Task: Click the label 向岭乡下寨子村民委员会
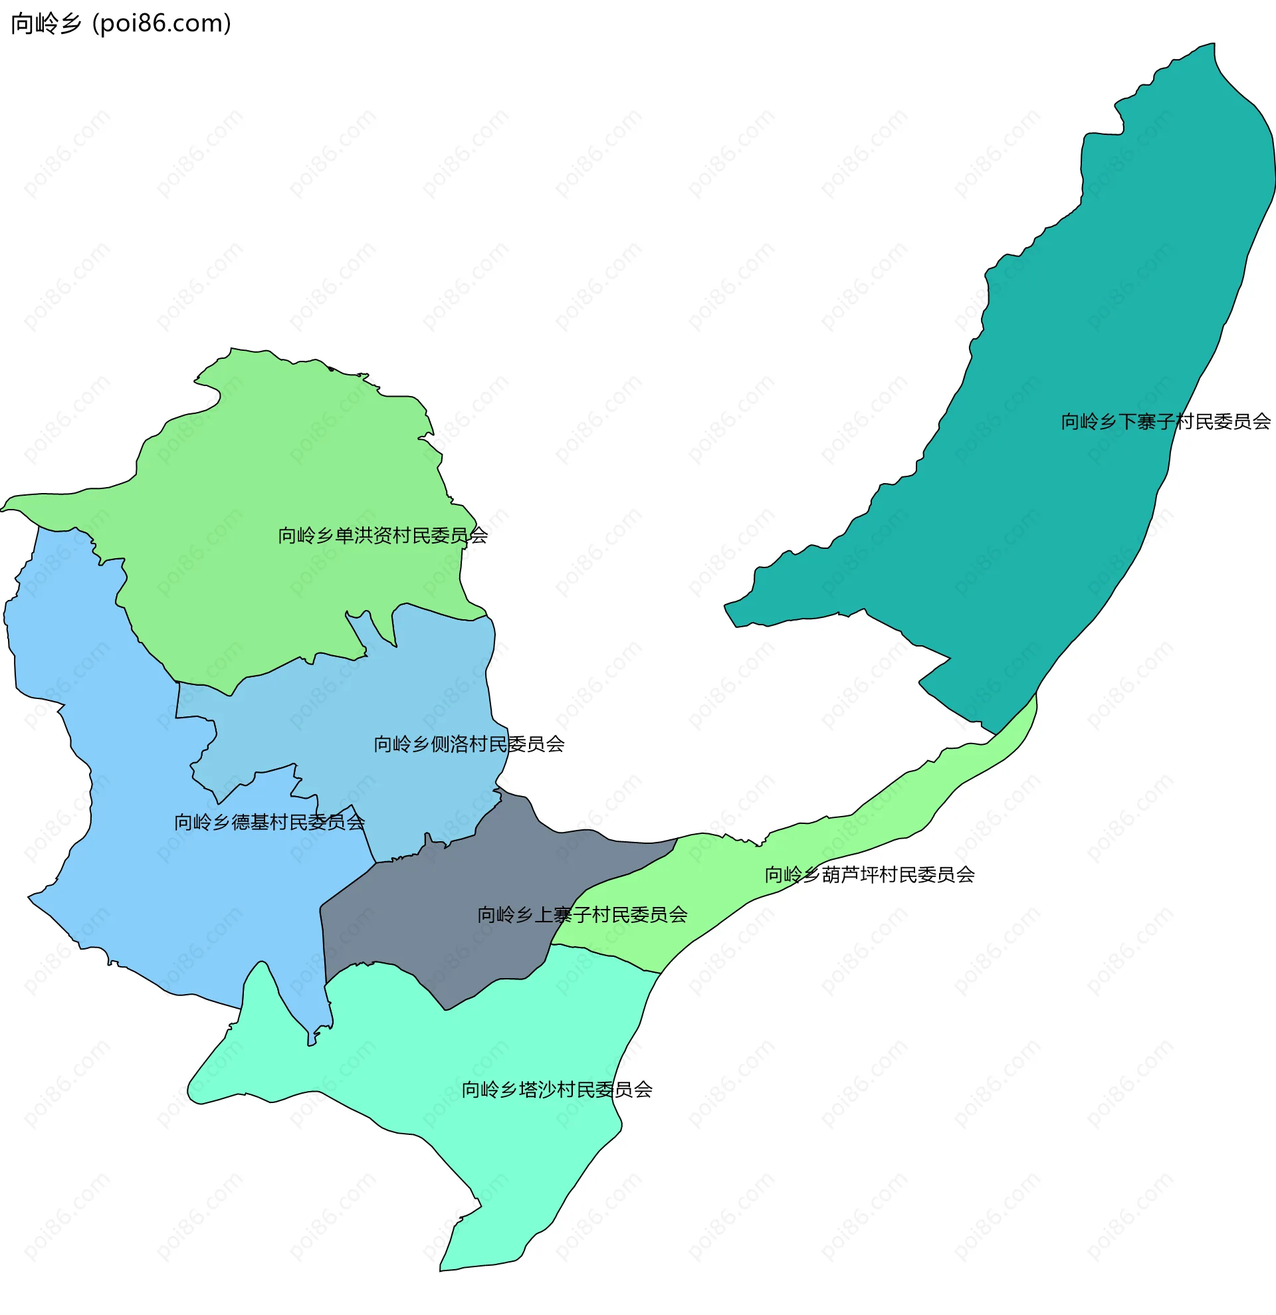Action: pos(1165,422)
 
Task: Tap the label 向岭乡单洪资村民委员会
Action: pos(382,536)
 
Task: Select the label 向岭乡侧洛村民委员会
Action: pos(469,744)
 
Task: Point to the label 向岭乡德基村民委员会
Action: pos(269,823)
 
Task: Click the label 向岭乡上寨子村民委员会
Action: pos(582,915)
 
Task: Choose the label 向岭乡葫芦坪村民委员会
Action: pos(869,875)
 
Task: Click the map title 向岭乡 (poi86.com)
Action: pos(121,23)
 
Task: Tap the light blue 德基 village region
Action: pos(134,872)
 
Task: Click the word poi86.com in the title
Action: pos(161,23)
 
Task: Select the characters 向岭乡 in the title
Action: pos(46,23)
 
